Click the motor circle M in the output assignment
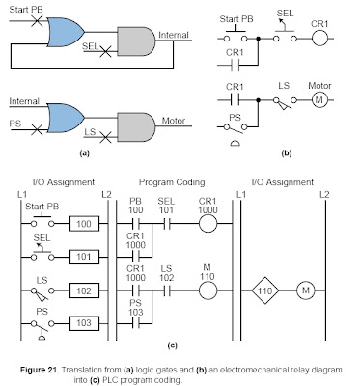(304, 288)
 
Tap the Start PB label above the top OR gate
(31, 9)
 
